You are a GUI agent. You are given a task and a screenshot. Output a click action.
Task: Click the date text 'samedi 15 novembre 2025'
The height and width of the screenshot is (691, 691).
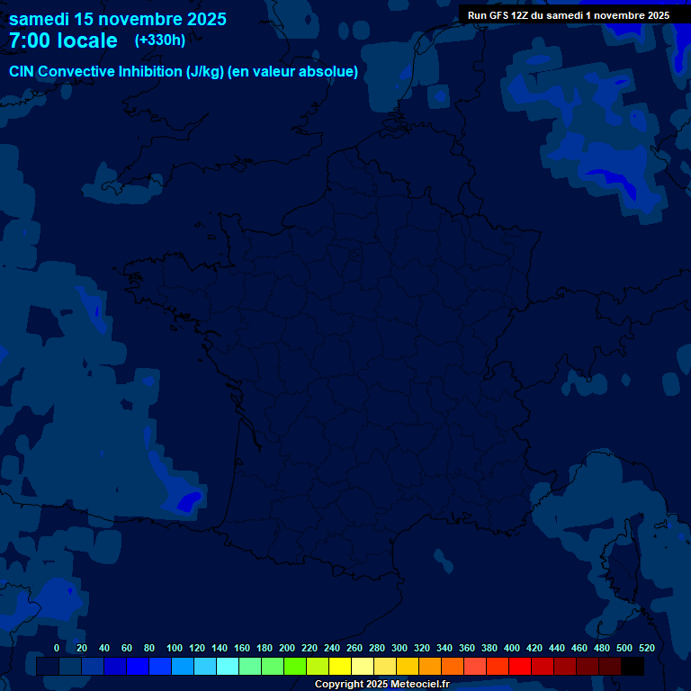point(118,19)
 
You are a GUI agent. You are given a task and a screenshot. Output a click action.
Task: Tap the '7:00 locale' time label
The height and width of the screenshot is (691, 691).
point(63,40)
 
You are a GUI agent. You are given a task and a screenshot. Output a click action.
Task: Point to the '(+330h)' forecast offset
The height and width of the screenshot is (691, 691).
point(159,40)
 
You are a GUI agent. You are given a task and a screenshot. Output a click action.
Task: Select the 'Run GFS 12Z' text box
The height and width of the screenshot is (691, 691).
point(568,15)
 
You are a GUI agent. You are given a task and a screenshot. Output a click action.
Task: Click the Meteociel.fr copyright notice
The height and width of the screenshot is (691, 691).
point(381,684)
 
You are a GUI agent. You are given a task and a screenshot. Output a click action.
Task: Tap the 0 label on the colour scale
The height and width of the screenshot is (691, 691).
point(57,648)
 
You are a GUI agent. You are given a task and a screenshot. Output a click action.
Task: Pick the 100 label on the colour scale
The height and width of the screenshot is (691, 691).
point(175,648)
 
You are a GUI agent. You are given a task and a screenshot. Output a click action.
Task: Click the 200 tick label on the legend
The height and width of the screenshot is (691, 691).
point(287,648)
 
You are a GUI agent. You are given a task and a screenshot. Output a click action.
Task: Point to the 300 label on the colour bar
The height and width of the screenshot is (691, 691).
point(399,648)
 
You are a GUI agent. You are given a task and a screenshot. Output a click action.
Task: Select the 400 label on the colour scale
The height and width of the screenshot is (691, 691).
point(512,648)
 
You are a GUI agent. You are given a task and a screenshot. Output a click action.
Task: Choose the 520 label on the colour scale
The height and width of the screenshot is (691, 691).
point(647,648)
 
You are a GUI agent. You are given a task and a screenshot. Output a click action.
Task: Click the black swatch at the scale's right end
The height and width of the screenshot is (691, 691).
point(633,667)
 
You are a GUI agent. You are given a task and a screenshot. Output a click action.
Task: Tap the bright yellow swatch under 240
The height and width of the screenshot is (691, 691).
point(340,667)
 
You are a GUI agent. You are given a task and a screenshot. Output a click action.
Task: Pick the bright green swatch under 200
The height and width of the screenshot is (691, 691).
point(295,667)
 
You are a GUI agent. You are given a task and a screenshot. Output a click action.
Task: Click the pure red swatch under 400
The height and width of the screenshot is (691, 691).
point(520,667)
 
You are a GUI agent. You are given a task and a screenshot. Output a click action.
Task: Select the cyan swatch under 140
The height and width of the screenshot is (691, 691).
point(228,667)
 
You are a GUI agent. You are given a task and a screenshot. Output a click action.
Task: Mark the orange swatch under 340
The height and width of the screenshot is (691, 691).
point(453,667)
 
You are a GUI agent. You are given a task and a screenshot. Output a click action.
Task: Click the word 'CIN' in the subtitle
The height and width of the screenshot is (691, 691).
point(22,71)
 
